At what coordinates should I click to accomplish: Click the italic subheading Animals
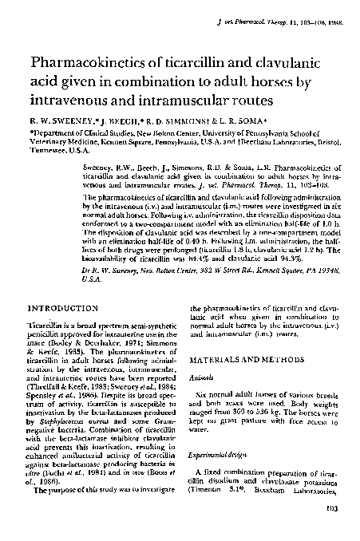(205, 381)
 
